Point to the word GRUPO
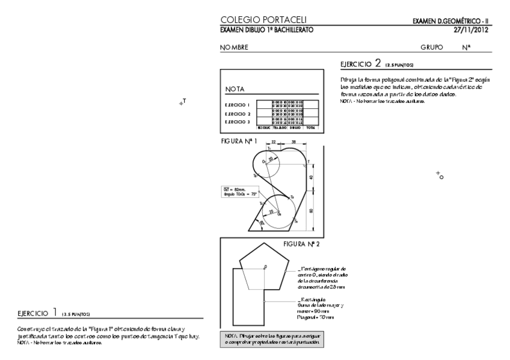432,47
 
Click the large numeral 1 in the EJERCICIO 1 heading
54,311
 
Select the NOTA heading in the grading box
235,89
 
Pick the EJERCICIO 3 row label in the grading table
238,121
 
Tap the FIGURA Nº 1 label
239,141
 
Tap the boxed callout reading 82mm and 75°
238,192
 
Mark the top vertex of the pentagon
263,243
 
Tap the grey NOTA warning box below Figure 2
272,338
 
